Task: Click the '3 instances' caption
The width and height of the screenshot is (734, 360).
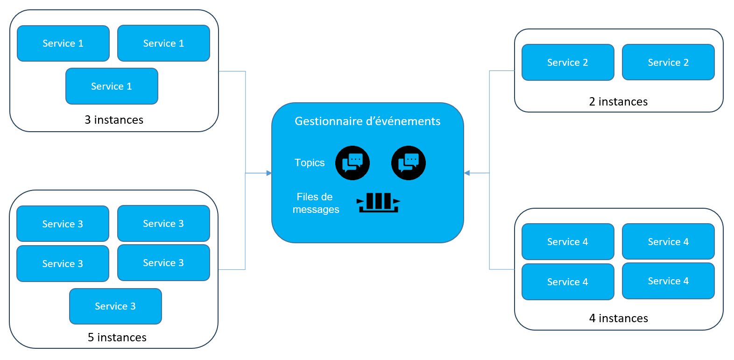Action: tap(114, 120)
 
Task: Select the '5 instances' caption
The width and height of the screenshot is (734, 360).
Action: tap(117, 337)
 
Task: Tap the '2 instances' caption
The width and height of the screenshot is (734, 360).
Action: tap(618, 102)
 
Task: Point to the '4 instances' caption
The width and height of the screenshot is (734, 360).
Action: tap(618, 318)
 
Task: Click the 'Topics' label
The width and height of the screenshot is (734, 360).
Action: tap(310, 162)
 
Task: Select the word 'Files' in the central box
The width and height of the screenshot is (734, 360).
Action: tap(306, 197)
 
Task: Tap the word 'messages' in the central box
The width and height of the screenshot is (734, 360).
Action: tap(316, 210)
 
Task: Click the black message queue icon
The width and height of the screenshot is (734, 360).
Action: tap(378, 203)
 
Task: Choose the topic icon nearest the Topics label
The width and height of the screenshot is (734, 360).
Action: tap(353, 163)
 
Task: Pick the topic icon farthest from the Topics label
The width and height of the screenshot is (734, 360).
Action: tap(409, 163)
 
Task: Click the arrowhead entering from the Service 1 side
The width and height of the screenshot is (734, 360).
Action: tap(269, 173)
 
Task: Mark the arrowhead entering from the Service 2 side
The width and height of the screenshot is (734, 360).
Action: tap(467, 173)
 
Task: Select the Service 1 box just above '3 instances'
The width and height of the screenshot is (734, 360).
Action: tap(112, 86)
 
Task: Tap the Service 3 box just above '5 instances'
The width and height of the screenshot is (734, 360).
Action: tap(115, 306)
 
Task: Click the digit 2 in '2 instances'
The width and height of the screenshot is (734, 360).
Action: tap(592, 102)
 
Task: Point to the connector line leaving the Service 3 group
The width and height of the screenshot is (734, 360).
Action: tap(232, 269)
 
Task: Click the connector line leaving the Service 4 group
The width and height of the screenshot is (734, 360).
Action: tap(501, 269)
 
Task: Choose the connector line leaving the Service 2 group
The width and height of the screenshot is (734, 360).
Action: tap(501, 71)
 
